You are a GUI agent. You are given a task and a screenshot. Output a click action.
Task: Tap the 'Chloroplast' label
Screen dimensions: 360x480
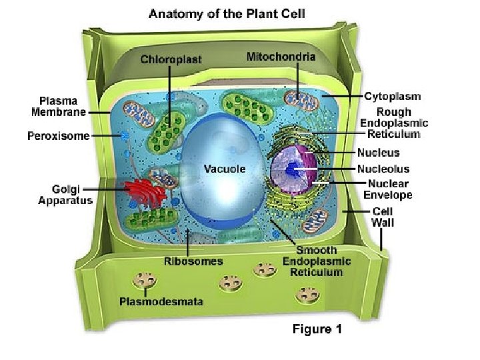[x=171, y=59]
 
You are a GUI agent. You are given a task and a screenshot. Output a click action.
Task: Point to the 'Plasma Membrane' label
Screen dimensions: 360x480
[x=59, y=106]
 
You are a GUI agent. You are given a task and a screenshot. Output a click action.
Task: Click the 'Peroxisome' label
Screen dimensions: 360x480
[x=58, y=136]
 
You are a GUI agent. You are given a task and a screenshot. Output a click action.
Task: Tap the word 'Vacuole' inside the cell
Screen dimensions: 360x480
[x=224, y=169]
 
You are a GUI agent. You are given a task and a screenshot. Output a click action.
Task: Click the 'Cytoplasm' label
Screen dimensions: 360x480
[x=393, y=96]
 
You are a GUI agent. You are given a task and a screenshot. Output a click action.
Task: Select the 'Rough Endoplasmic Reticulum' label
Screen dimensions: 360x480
[x=393, y=123]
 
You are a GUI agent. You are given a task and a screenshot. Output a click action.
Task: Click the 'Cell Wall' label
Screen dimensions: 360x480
[x=382, y=217]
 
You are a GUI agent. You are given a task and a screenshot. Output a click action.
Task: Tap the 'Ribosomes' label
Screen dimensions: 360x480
[x=193, y=261]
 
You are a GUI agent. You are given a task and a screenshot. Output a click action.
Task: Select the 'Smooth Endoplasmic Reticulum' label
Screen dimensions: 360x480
[x=313, y=261]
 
